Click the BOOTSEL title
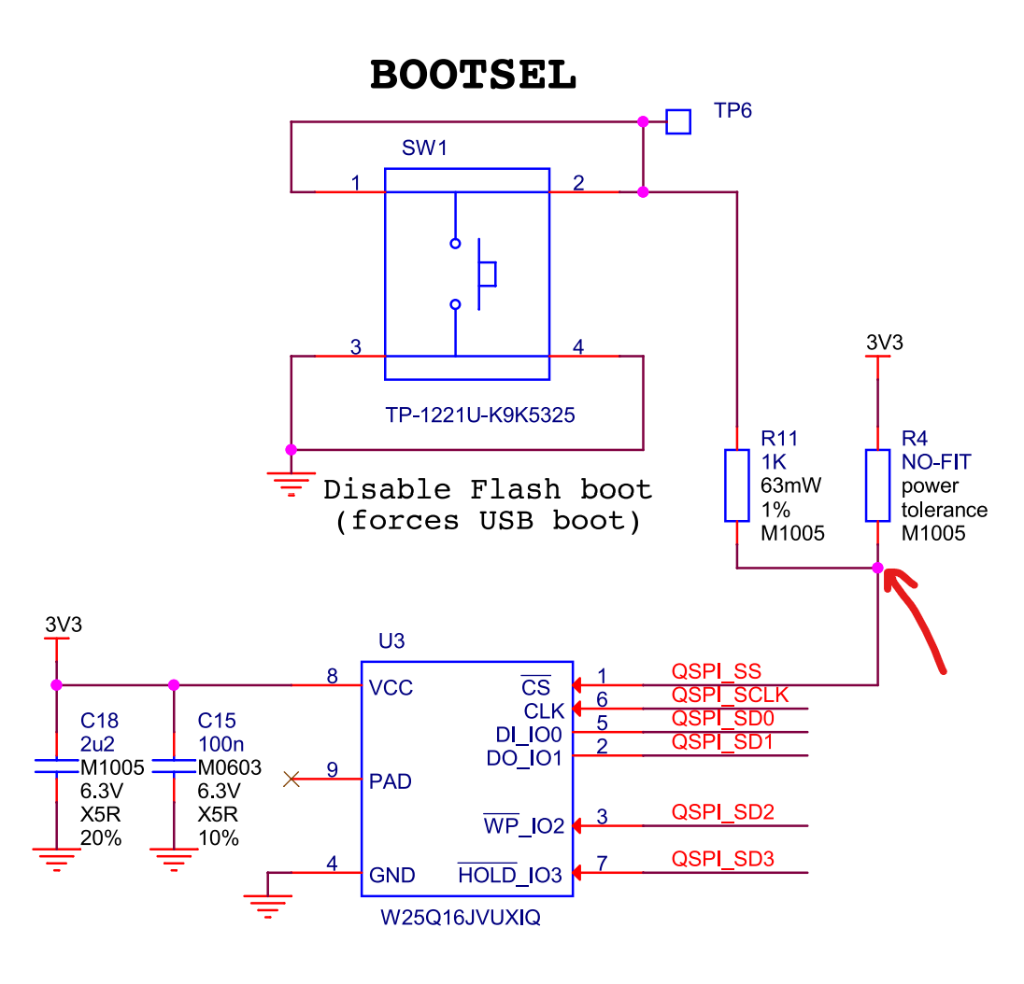pos(473,76)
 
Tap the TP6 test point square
pos(678,121)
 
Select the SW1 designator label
pos(420,148)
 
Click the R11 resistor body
pos(737,485)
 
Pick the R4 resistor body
pos(877,485)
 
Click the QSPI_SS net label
pos(716,671)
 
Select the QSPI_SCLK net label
pos(730,695)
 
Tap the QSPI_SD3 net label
pos(722,859)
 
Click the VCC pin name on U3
pos(391,688)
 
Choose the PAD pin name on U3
pos(391,781)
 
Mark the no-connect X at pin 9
pos(292,779)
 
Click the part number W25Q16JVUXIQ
pos(460,919)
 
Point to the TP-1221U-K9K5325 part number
pos(480,415)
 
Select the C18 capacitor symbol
pos(57,766)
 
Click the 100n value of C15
pos(220,744)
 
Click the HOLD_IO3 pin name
pos(510,875)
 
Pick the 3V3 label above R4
pos(884,343)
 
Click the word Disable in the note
pos(386,489)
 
